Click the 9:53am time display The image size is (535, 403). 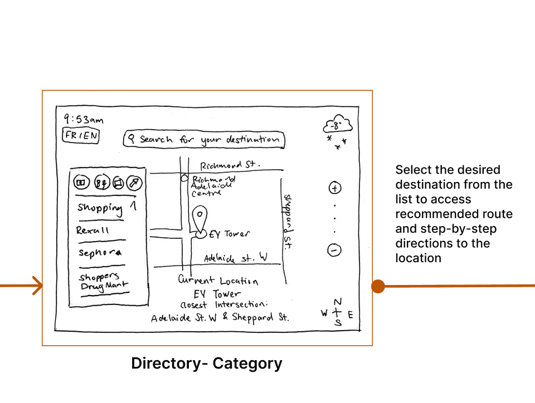pos(83,119)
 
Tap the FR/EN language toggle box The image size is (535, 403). pos(81,136)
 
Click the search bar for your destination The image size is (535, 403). pos(203,140)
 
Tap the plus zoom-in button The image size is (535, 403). pos(335,188)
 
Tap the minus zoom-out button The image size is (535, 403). pos(334,250)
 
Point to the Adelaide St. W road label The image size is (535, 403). pos(235,258)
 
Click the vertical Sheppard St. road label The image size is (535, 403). pos(288,220)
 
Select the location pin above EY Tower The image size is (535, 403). pos(199,216)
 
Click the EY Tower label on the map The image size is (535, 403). pos(229,235)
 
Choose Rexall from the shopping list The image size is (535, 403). pos(93,230)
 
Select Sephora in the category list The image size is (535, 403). pos(100,252)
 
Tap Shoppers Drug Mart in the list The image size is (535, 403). pos(103,282)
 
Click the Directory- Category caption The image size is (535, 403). pos(207,363)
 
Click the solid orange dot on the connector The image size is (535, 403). pos(378,286)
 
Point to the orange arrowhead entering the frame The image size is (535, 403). pos(37,286)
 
